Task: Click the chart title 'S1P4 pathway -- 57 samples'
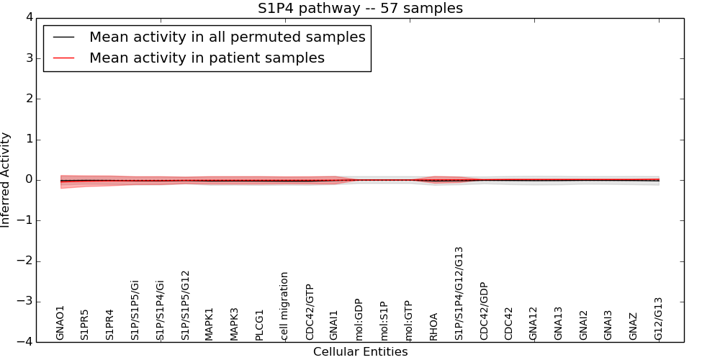(x=360, y=9)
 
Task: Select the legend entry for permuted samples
(x=227, y=37)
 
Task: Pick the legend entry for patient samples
(x=207, y=58)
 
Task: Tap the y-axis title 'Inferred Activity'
(x=6, y=180)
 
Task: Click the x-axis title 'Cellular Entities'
(x=360, y=352)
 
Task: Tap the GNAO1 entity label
(x=60, y=322)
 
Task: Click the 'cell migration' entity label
(x=284, y=305)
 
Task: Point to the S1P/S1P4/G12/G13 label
(x=459, y=293)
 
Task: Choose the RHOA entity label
(x=433, y=326)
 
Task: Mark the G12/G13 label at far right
(x=658, y=318)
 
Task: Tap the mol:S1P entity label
(x=384, y=320)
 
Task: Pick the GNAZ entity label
(x=633, y=326)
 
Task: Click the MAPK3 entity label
(x=234, y=323)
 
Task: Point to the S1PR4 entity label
(x=109, y=324)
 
